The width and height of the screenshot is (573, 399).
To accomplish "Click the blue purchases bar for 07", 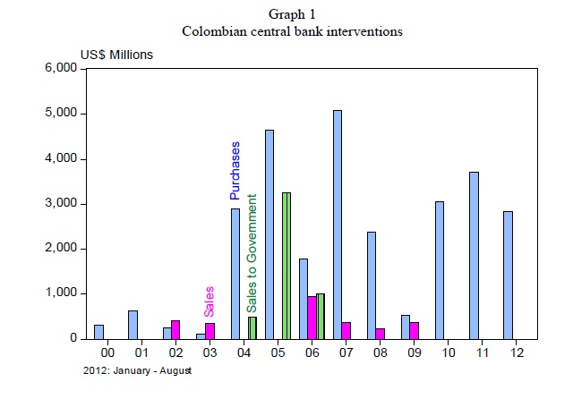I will (337, 225).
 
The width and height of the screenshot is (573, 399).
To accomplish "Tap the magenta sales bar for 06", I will (312, 318).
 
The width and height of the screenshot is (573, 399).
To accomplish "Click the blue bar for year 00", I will (98, 332).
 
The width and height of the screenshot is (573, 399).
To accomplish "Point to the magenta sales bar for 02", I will (175, 329).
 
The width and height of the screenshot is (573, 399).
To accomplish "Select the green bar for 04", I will (252, 327).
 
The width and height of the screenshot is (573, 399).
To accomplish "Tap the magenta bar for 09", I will (415, 330).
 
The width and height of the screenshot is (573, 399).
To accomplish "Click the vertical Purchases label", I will (235, 169).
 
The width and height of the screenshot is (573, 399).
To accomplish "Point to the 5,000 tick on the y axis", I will (60, 114).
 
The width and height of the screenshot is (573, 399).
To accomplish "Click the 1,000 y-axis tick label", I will (60, 293).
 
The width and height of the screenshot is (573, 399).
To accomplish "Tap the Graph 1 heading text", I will (292, 14).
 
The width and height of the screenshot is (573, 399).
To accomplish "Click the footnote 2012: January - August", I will (136, 370).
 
